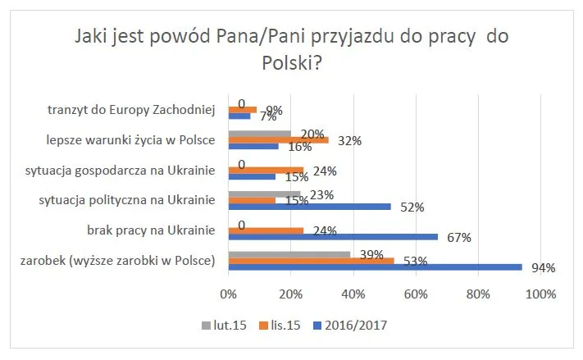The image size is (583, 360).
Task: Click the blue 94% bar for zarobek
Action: pos(375,267)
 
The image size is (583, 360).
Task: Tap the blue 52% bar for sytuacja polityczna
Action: pos(309,207)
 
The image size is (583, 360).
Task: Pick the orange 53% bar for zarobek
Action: pos(311,261)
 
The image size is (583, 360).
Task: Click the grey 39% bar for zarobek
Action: pos(289,254)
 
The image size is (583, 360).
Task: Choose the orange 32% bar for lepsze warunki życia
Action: pos(278,139)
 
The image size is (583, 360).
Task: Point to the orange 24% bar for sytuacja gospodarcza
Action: pos(266,171)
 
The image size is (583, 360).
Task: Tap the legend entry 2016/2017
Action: pos(354,325)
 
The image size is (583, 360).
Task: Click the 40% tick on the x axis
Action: pos(353,293)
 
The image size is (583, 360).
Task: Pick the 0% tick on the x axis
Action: pos(229,293)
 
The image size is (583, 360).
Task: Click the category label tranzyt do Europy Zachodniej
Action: pos(131,109)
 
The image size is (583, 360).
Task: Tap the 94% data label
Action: pos(543,267)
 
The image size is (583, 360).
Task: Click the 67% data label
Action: pos(458,238)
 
